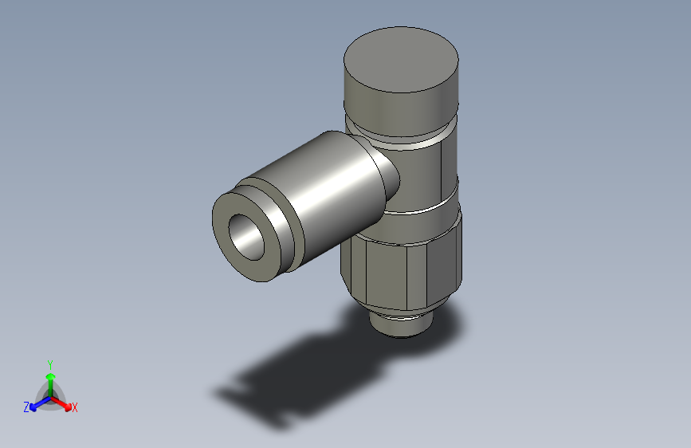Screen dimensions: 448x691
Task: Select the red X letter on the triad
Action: pos(75,408)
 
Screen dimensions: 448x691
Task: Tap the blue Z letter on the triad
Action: pos(26,407)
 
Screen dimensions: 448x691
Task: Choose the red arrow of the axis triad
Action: pos(64,403)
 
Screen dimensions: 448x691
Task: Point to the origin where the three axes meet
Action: pos(51,395)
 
